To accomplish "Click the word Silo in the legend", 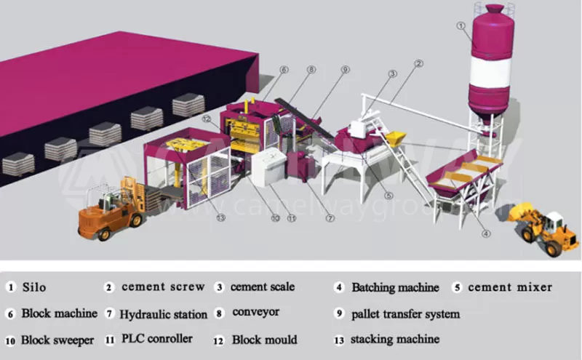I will pos(34,287).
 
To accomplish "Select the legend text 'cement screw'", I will pos(163,287).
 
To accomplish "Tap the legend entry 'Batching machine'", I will pos(395,287).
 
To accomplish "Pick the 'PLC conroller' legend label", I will pos(156,339).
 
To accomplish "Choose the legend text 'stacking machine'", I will pos(394,339).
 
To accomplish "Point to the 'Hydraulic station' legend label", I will pos(164,314).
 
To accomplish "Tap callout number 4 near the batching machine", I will pos(485,233).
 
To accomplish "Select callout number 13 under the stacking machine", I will pos(220,216).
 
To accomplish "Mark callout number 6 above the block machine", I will pos(284,70).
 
